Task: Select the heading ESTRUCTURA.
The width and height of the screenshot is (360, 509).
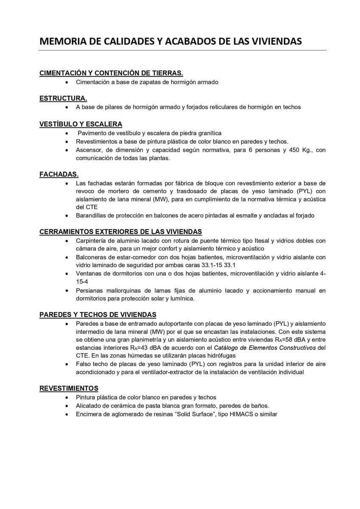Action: [x=63, y=98]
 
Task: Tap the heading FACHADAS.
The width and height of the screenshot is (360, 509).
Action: [x=59, y=174]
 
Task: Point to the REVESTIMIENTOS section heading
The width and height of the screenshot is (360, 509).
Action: [x=69, y=388]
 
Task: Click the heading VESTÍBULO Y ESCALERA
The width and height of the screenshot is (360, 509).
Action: [x=81, y=124]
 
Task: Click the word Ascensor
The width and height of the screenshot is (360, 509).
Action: [x=89, y=150]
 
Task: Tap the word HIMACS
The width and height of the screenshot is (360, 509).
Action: [x=240, y=414]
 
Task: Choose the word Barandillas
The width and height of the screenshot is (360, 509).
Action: [x=92, y=215]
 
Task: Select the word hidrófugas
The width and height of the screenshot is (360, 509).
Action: [x=220, y=356]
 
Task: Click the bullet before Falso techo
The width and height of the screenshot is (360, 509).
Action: [x=67, y=364]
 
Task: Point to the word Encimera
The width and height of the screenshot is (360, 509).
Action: [x=90, y=414]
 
